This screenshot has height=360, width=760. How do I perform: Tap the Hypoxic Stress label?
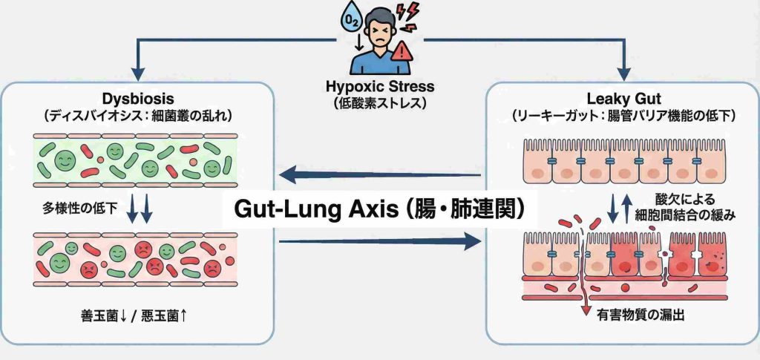click(x=379, y=88)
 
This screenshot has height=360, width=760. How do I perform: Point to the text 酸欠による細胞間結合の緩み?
click(x=695, y=207)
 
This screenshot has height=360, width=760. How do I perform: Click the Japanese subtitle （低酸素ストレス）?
click(x=379, y=103)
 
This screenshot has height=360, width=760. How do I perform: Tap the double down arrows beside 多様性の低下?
click(x=139, y=211)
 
